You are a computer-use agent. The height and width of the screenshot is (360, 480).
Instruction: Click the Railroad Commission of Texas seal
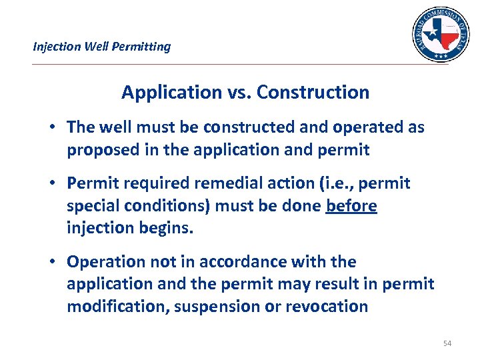coord(441,35)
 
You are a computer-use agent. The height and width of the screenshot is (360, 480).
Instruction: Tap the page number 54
coord(447,343)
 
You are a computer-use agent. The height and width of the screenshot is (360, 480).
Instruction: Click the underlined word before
coord(351,206)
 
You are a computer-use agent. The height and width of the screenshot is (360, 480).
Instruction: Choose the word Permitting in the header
coord(144,47)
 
